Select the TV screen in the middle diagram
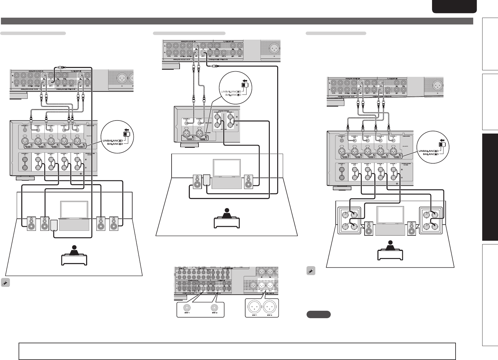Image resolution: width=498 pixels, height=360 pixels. click(227, 168)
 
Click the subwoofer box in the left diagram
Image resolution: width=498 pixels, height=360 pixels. click(54, 225)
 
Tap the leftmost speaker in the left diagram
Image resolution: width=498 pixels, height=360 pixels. click(32, 223)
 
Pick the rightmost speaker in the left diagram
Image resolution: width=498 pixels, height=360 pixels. click(114, 223)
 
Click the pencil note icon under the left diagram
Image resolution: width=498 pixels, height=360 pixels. click(5, 283)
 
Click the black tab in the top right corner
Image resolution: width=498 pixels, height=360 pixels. click(454, 7)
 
